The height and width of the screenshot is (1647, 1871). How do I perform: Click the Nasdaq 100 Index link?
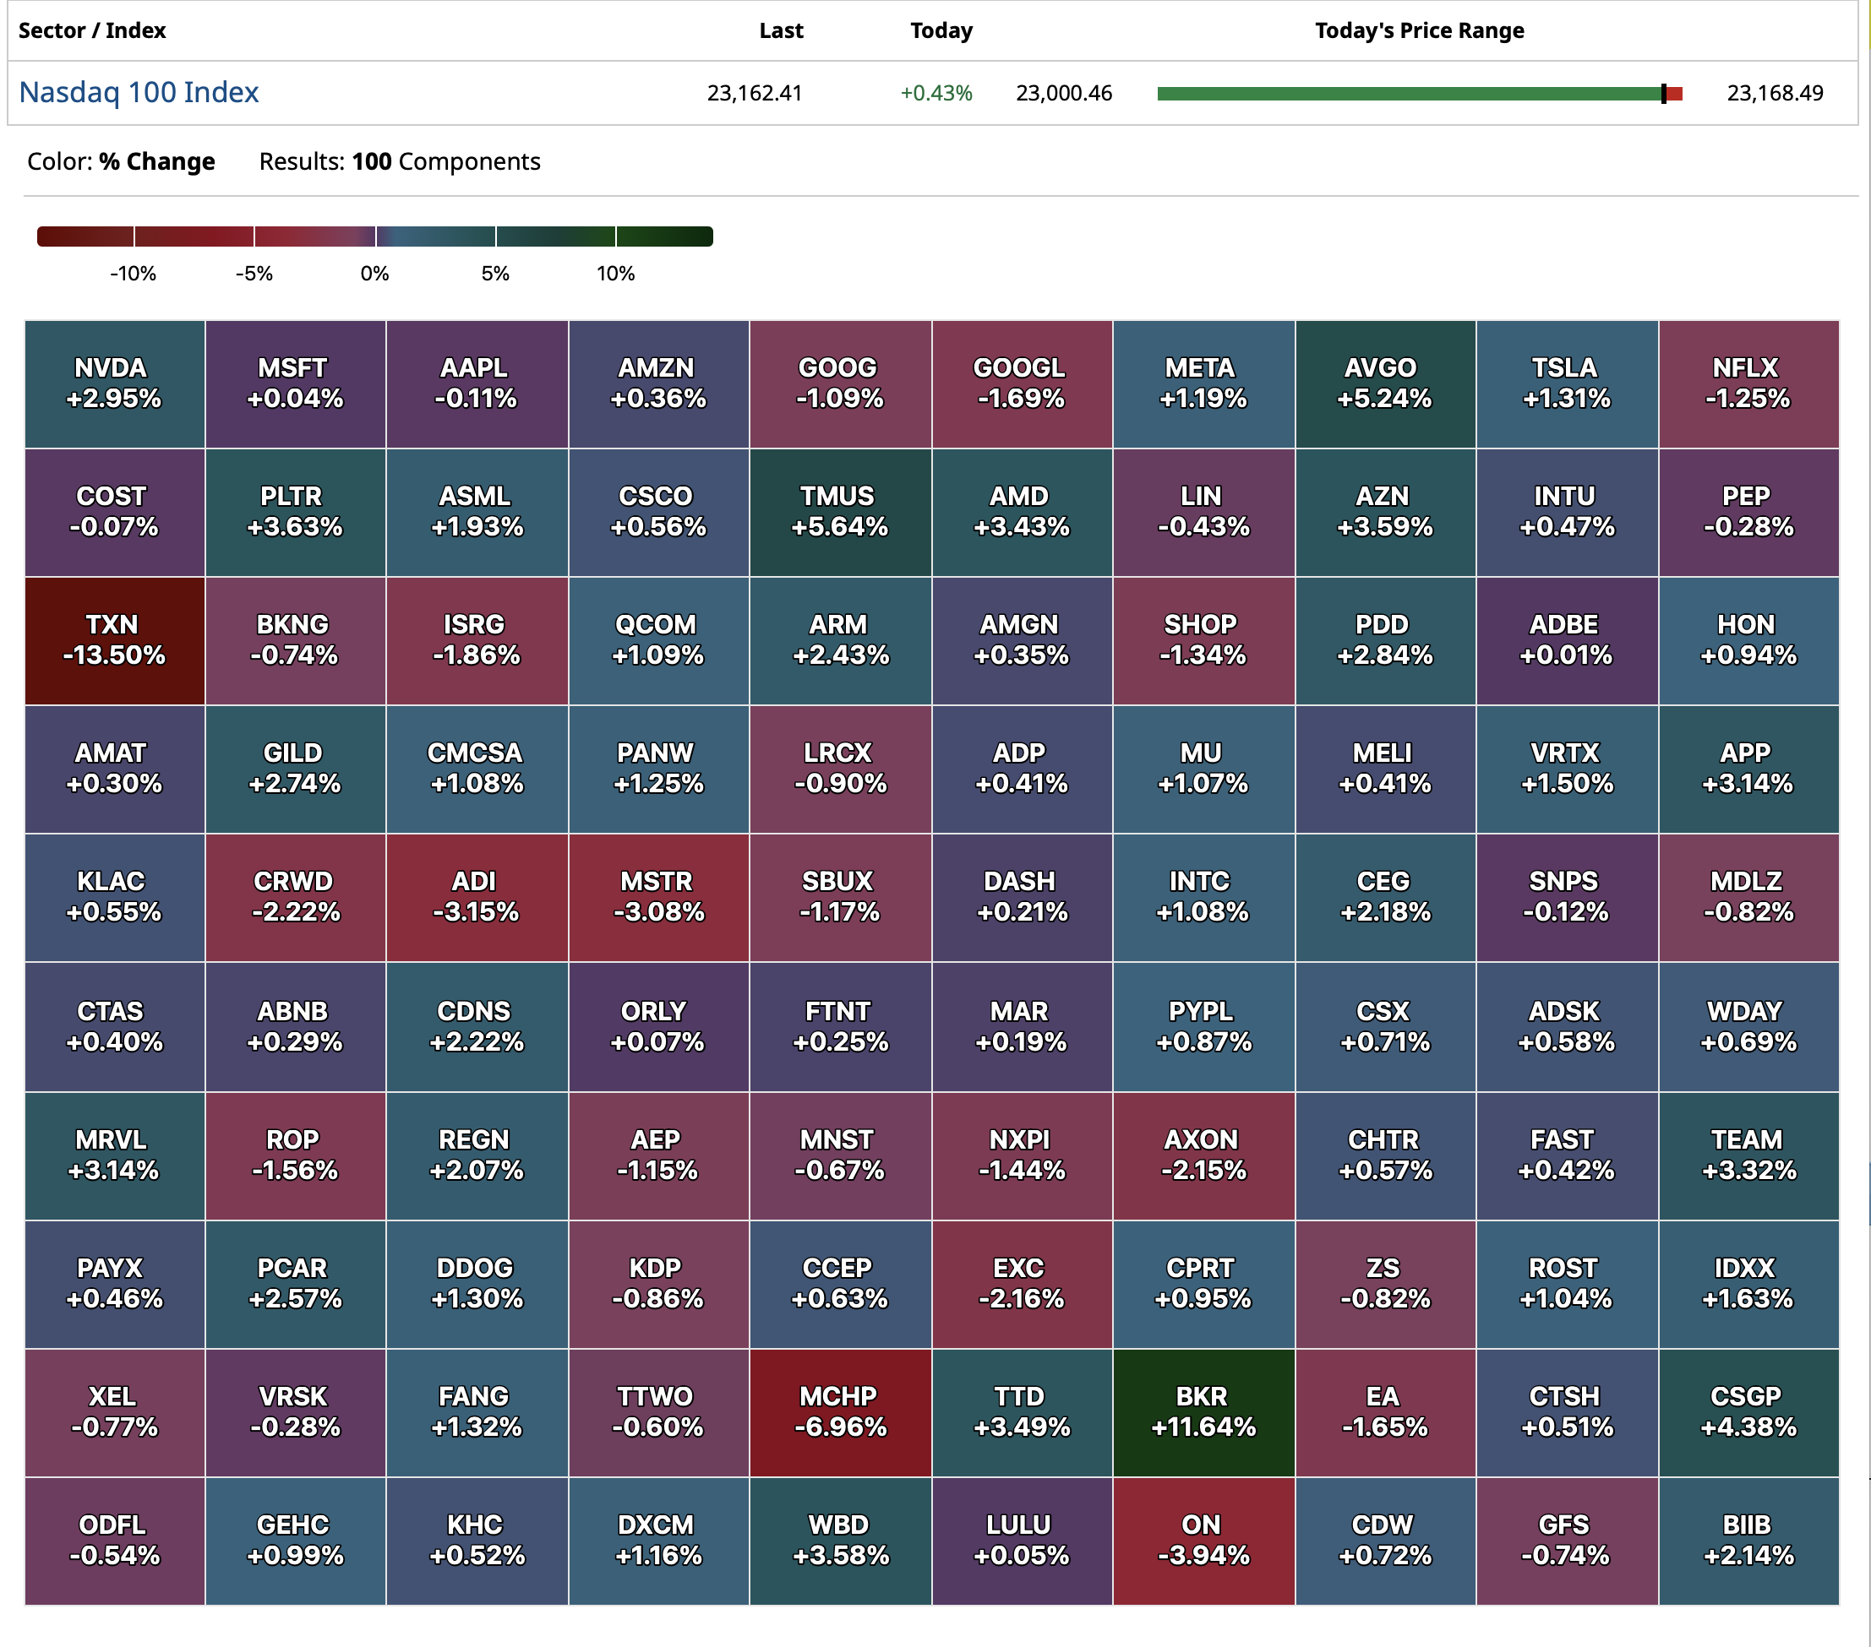pyautogui.click(x=139, y=92)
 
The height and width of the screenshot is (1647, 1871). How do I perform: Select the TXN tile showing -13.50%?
pyautogui.click(x=114, y=640)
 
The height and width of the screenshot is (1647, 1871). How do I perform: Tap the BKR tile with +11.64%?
pyautogui.click(x=1203, y=1412)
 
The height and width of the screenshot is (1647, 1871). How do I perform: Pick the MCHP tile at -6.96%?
pyautogui.click(x=840, y=1412)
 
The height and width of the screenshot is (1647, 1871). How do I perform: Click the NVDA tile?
pyautogui.click(x=114, y=383)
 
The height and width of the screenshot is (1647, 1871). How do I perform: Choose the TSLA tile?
pyautogui.click(x=1566, y=383)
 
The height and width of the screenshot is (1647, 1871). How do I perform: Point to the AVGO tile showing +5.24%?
pyautogui.click(x=1385, y=383)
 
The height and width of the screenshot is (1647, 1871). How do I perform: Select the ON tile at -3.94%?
pyautogui.click(x=1203, y=1540)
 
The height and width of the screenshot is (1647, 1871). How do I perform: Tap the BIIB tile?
pyautogui.click(x=1748, y=1540)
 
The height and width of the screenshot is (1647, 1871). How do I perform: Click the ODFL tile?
pyautogui.click(x=114, y=1540)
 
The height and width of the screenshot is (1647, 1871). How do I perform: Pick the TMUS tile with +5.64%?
pyautogui.click(x=840, y=512)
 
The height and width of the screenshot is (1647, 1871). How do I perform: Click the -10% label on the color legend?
pyautogui.click(x=134, y=274)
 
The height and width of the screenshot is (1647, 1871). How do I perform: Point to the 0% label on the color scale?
pyautogui.click(x=374, y=274)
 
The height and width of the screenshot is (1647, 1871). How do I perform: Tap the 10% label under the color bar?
pyautogui.click(x=615, y=274)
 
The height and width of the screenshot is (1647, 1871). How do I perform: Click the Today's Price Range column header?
pyautogui.click(x=1419, y=31)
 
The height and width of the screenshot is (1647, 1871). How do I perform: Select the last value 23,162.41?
pyautogui.click(x=755, y=93)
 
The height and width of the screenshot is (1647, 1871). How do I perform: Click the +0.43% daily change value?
pyautogui.click(x=935, y=93)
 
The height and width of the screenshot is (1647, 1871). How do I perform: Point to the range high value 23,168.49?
pyautogui.click(x=1774, y=93)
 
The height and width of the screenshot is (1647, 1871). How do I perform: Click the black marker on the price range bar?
pyautogui.click(x=1663, y=93)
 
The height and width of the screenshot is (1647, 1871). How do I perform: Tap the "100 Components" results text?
pyautogui.click(x=446, y=162)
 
